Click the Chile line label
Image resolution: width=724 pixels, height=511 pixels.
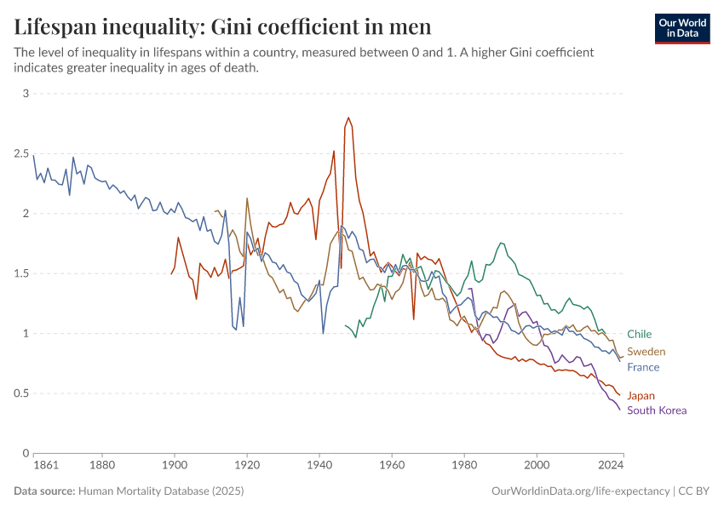pyautogui.click(x=639, y=335)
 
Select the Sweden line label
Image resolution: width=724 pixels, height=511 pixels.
pyautogui.click(x=646, y=352)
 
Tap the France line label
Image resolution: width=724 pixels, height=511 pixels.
pyautogui.click(x=643, y=368)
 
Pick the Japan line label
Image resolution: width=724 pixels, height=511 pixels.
pyautogui.click(x=641, y=396)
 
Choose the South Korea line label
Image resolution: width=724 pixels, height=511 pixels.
pyautogui.click(x=656, y=411)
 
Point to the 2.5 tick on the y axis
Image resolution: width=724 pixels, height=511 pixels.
pyautogui.click(x=20, y=153)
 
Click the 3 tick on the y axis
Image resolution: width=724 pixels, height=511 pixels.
pyautogui.click(x=26, y=94)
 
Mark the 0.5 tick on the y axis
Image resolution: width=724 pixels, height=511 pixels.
pyautogui.click(x=20, y=393)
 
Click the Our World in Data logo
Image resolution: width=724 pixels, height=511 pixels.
pyautogui.click(x=682, y=28)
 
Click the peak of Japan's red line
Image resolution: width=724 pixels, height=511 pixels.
pyautogui.click(x=348, y=118)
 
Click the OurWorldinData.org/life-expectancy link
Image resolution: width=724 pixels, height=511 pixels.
pyautogui.click(x=581, y=491)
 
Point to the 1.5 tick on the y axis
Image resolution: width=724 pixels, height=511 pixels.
pyautogui.click(x=20, y=273)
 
